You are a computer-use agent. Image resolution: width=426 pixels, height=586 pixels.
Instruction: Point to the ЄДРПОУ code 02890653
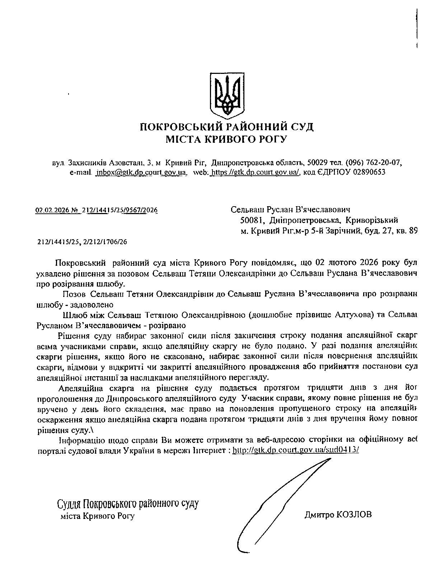click(x=369, y=172)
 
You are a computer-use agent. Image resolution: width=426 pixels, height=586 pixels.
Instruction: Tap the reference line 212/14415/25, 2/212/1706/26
click(x=82, y=242)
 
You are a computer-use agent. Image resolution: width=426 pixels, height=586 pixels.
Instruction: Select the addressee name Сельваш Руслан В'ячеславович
click(x=290, y=209)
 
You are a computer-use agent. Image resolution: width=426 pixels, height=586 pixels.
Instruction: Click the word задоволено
click(x=92, y=305)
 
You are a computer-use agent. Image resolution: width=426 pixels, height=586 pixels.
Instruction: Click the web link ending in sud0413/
click(x=296, y=450)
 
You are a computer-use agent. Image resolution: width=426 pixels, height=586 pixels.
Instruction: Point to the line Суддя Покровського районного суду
click(x=128, y=504)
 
